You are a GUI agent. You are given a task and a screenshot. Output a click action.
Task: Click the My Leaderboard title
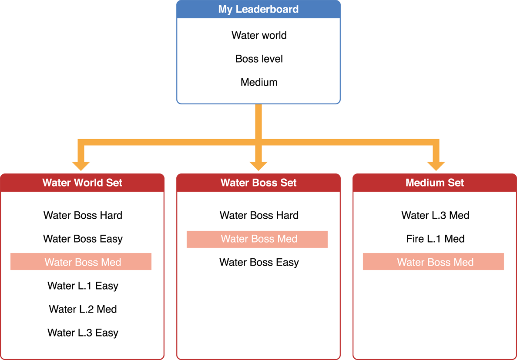point(258,9)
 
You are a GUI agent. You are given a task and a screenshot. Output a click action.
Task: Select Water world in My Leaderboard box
point(259,35)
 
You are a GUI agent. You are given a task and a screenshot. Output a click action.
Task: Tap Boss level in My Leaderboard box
point(259,59)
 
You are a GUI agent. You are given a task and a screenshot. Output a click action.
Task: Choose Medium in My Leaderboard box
point(259,82)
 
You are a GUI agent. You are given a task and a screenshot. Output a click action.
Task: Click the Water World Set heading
point(82,183)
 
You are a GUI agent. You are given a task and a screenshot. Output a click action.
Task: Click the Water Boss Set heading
point(258,183)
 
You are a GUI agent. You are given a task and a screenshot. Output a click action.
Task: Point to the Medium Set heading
point(435,183)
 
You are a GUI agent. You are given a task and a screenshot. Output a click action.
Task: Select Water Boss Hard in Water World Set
point(83,215)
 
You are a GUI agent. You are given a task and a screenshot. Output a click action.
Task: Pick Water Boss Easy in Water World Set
point(83,239)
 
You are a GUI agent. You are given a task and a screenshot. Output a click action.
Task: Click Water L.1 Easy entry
point(83,286)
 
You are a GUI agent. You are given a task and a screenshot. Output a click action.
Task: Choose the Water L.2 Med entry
point(83,309)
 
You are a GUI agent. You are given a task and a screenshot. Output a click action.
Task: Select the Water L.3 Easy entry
point(83,333)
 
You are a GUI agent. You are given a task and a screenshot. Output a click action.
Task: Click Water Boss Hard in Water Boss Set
point(259,215)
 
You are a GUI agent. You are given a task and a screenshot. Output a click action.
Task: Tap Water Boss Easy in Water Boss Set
point(259,262)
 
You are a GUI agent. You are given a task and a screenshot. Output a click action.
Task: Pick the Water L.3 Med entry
point(435,215)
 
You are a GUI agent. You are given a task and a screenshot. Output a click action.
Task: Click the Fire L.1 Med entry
point(435,239)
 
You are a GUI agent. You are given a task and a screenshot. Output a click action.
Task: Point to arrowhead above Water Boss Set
point(258,164)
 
